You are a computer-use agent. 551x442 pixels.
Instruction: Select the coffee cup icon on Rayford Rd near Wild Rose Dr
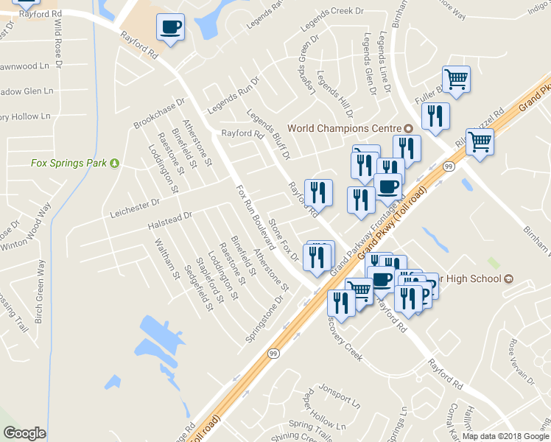(x=171, y=28)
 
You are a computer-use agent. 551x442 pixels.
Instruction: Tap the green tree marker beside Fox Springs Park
(x=115, y=163)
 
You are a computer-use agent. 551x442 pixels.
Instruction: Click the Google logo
(x=24, y=433)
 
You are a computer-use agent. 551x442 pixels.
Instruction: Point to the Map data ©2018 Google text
(x=505, y=436)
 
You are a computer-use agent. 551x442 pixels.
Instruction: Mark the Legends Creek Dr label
(x=333, y=30)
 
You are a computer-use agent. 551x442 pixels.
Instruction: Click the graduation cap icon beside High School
(x=508, y=279)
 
